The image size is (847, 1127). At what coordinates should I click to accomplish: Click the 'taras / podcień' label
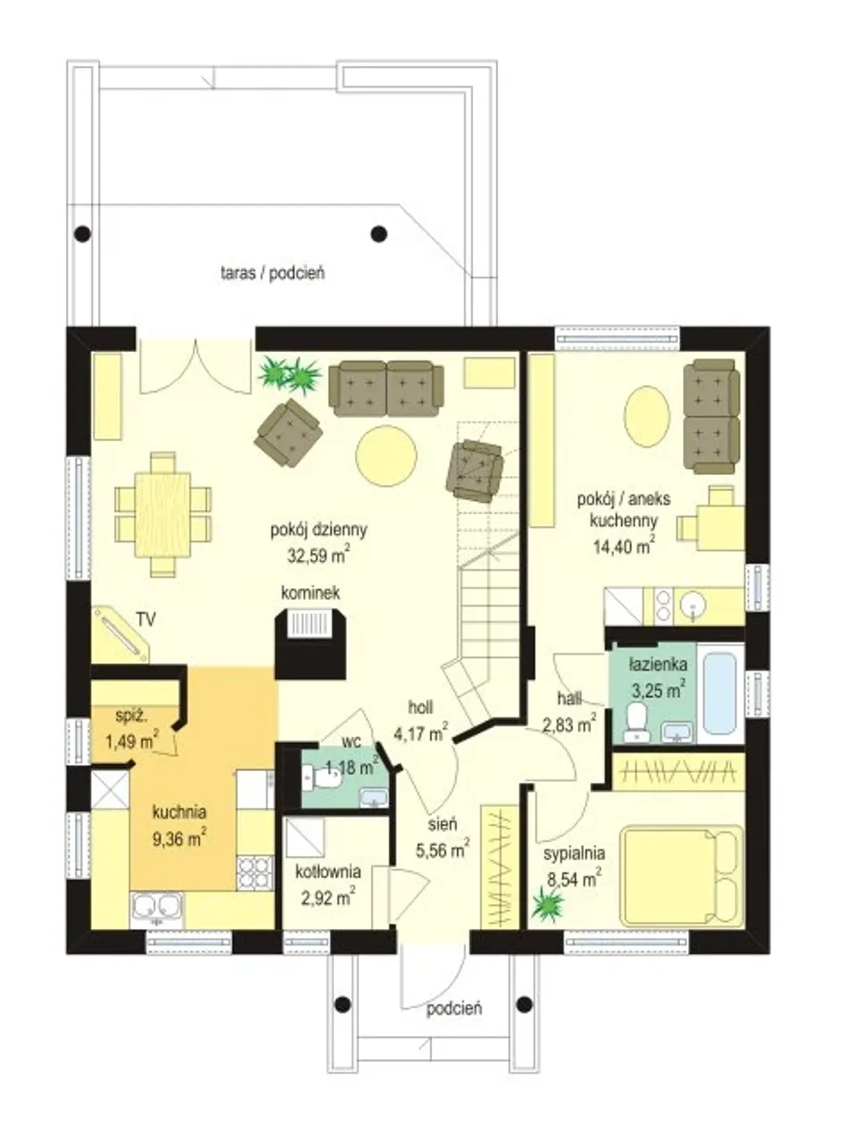(273, 273)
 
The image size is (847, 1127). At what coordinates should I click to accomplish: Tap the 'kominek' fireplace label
(310, 592)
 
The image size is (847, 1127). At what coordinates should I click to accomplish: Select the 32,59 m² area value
(318, 555)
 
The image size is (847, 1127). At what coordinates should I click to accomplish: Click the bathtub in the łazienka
(719, 694)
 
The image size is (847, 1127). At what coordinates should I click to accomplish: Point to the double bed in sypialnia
(681, 875)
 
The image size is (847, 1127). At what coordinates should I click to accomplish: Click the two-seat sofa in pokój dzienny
(386, 388)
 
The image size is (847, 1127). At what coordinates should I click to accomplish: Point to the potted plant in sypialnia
(548, 903)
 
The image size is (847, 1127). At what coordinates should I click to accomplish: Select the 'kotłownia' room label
(328, 872)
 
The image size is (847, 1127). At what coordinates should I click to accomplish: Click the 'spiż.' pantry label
(131, 715)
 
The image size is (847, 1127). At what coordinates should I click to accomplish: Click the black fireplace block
(310, 645)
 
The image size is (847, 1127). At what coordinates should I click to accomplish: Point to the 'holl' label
(421, 707)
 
